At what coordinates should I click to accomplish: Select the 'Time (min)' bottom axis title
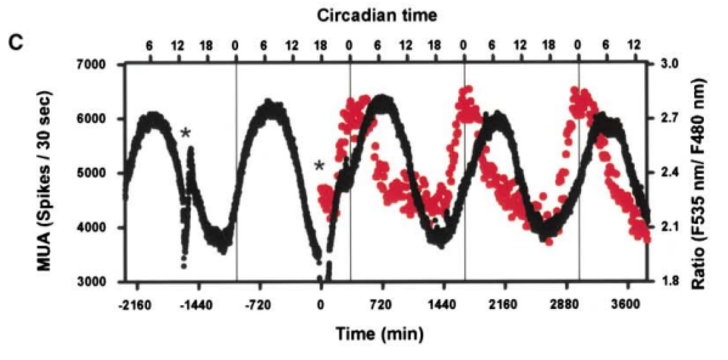click(x=380, y=332)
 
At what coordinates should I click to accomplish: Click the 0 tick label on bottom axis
click(x=320, y=305)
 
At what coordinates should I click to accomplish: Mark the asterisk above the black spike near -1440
click(x=186, y=133)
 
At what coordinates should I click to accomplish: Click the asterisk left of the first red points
click(x=319, y=166)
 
